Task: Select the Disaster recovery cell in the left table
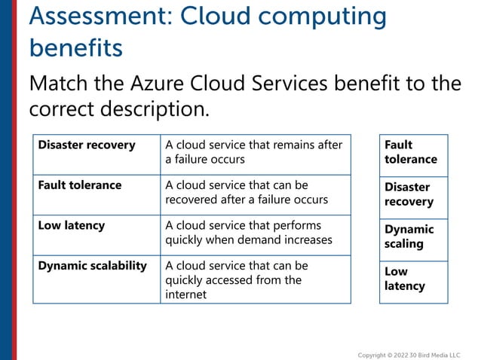pos(96,154)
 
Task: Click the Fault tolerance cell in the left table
pos(96,194)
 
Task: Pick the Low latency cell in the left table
pos(96,235)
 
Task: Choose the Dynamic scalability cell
pos(96,279)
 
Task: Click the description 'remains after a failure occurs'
pos(254,152)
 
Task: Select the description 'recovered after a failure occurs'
pos(254,192)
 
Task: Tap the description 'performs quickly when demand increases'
pos(254,233)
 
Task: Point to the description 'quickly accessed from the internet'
pos(254,279)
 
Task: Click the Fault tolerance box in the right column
pos(413,152)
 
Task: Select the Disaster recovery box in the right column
pos(413,194)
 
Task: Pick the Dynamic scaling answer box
pos(413,236)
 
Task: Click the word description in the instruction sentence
pos(155,108)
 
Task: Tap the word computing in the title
pos(326,16)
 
